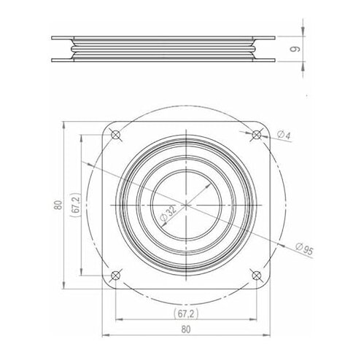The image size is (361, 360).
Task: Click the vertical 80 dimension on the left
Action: tap(57, 205)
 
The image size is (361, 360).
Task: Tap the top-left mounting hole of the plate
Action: tap(116, 134)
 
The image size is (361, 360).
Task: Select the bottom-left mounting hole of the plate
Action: tap(115, 275)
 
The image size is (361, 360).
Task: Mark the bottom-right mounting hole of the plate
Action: tap(257, 275)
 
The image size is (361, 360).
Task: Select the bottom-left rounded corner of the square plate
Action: tap(104, 287)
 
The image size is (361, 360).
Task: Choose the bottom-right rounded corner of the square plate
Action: tap(268, 287)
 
